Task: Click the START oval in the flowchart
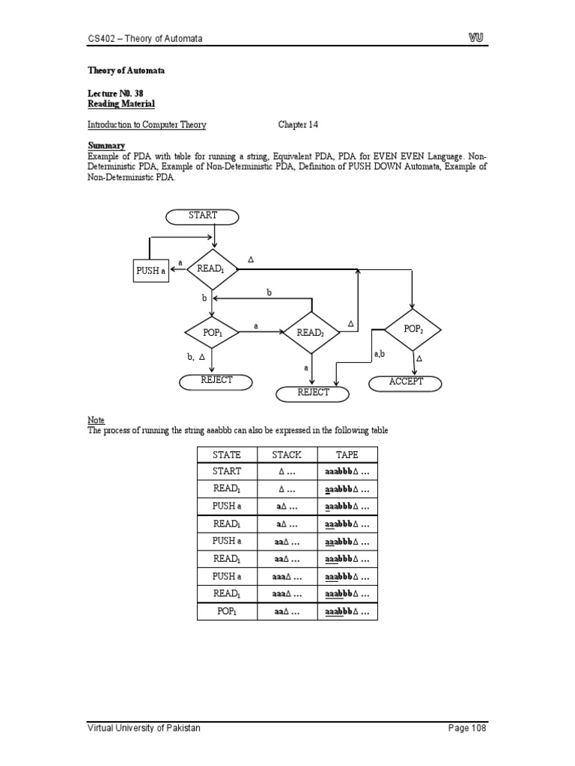(203, 216)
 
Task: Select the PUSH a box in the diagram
(150, 270)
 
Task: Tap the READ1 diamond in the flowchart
(212, 269)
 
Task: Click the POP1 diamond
(213, 332)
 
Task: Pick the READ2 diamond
(311, 332)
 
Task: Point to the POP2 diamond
(413, 329)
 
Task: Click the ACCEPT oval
(406, 382)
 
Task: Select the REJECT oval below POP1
(216, 381)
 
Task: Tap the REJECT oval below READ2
(314, 393)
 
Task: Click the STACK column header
(287, 454)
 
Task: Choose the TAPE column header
(347, 454)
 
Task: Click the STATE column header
(227, 454)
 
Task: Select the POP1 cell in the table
(227, 612)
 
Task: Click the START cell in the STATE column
(227, 471)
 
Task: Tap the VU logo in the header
(476, 37)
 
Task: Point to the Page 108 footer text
(467, 728)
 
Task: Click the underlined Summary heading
(106, 145)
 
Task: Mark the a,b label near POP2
(380, 352)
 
